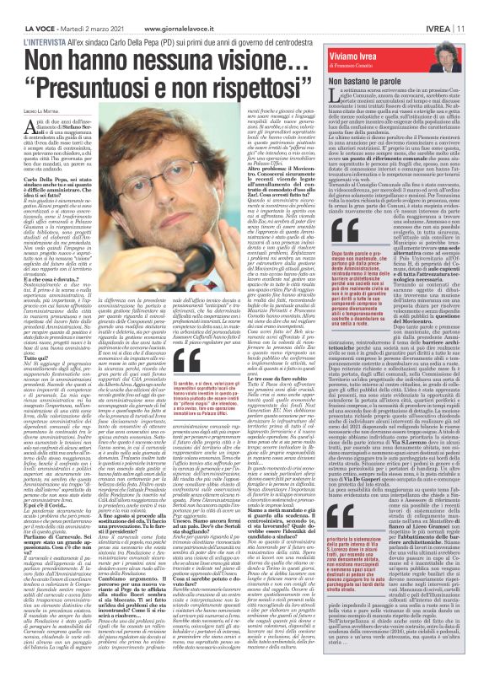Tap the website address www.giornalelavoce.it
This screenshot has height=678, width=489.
153,7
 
